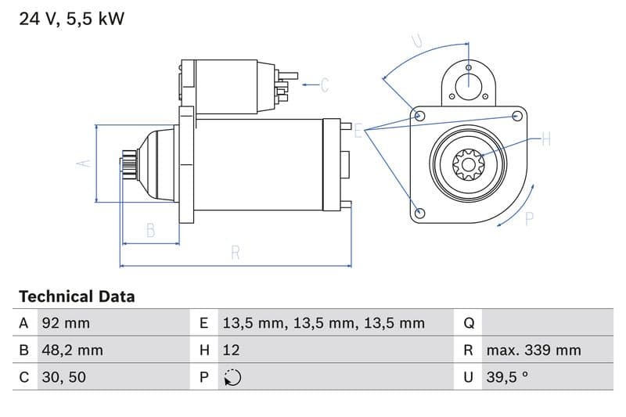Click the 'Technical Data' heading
tap(77, 297)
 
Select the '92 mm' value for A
tap(66, 323)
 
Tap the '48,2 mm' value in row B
tap(72, 350)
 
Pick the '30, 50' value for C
tap(63, 377)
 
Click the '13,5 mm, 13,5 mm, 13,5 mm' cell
tap(323, 323)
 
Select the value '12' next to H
tap(232, 350)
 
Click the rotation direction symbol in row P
tap(232, 377)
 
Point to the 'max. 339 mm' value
tap(533, 350)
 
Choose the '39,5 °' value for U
tap(507, 377)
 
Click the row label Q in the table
tap(469, 323)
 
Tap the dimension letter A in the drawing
tap(85, 163)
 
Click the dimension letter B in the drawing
tap(150, 230)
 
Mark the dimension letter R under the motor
tap(236, 252)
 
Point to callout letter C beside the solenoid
tap(325, 84)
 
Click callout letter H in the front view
tap(545, 139)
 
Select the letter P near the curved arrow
tap(529, 219)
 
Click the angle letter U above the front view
tap(417, 41)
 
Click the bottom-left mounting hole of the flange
tap(420, 212)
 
